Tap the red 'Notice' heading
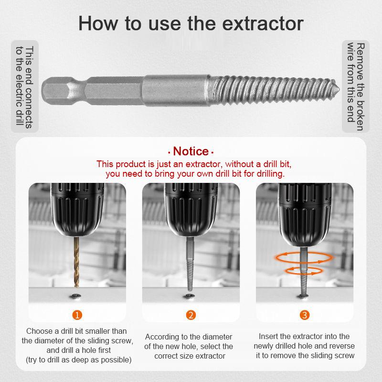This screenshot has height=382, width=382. tap(191, 151)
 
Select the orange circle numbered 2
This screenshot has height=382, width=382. tap(191, 315)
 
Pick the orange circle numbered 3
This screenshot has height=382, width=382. tap(305, 315)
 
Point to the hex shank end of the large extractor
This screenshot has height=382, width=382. tap(55, 89)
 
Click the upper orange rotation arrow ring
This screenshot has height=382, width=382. tap(303, 258)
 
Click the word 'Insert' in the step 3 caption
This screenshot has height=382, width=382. tap(268, 336)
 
